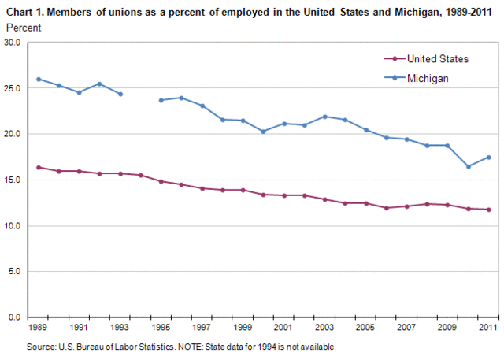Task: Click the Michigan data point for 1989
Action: pyautogui.click(x=39, y=80)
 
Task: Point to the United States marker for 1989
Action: pyautogui.click(x=39, y=167)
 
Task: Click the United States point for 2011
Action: pyautogui.click(x=489, y=210)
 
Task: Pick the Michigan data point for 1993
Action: pyautogui.click(x=120, y=94)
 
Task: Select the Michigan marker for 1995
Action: pyautogui.click(x=161, y=100)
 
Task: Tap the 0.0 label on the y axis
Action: pyautogui.click(x=20, y=317)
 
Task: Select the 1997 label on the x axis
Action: pyautogui.click(x=202, y=327)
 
